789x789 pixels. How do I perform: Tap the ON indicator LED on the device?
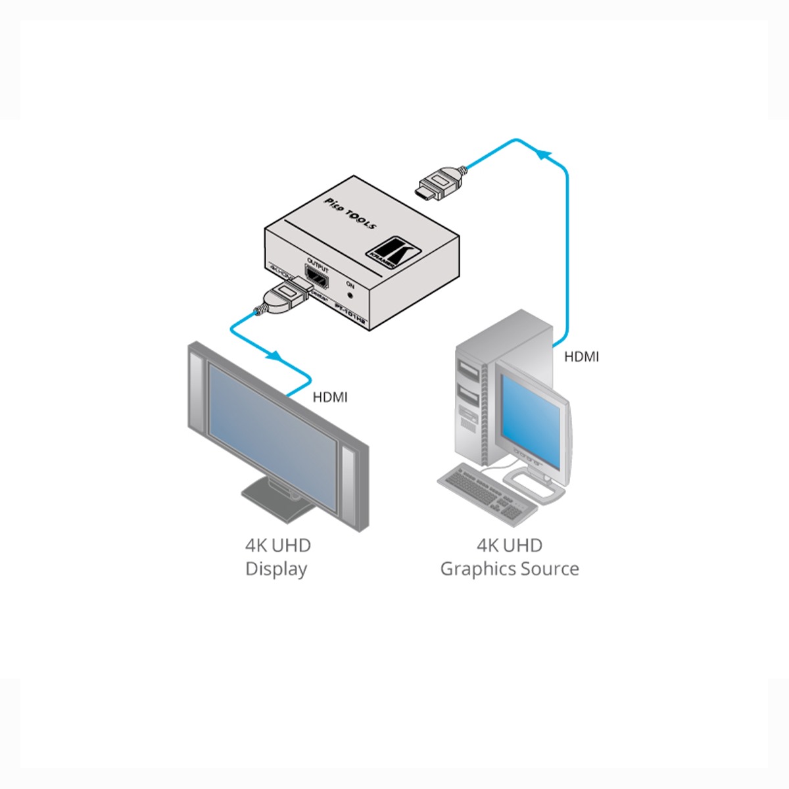click(x=350, y=296)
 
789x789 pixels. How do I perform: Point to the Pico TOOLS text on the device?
click(x=350, y=212)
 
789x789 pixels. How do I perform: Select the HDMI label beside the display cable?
click(x=329, y=397)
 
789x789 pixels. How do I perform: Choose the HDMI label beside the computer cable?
click(x=582, y=357)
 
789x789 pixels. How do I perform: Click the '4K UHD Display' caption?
click(x=277, y=556)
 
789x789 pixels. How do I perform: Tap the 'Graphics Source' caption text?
click(x=510, y=569)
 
